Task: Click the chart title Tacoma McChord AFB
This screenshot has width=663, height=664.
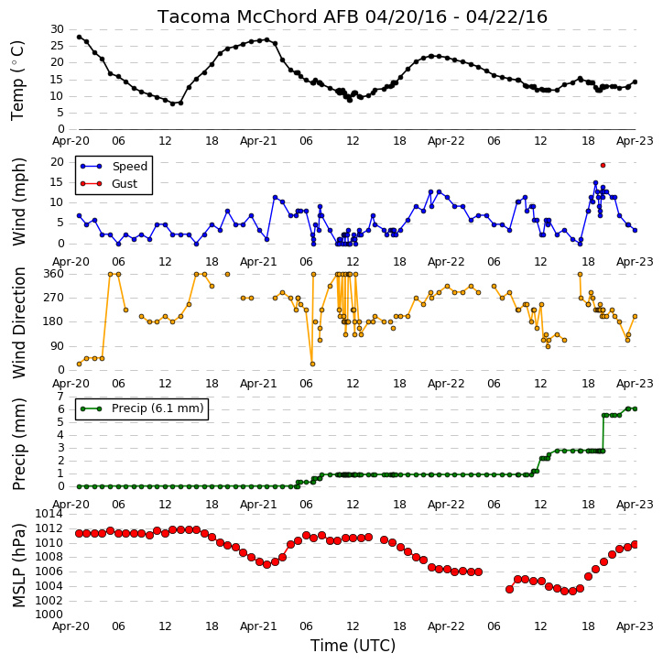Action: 258,16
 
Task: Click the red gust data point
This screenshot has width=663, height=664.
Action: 603,165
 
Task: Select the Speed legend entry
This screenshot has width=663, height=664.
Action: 114,167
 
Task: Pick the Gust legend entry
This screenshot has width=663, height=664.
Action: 109,184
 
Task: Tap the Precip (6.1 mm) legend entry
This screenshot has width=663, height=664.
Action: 142,408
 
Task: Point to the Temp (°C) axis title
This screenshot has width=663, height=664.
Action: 17,81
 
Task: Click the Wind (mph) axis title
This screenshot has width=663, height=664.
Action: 18,201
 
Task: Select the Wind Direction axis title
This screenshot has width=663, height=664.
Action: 18,322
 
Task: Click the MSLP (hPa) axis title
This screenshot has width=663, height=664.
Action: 18,565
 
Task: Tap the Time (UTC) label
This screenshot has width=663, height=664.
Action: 353,646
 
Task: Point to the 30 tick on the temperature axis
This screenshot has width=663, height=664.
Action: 57,29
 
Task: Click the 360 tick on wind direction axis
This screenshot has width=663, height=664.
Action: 54,274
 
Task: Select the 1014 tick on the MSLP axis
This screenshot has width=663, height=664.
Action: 49,514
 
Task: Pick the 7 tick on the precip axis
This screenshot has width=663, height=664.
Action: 60,397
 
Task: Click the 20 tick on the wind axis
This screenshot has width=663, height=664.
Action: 57,162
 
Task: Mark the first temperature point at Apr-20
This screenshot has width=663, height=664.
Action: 79,37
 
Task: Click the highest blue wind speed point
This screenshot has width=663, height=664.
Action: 595,182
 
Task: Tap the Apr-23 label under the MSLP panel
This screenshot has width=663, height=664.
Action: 635,626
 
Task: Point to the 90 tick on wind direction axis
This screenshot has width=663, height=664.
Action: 57,346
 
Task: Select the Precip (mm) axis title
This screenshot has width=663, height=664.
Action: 18,444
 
